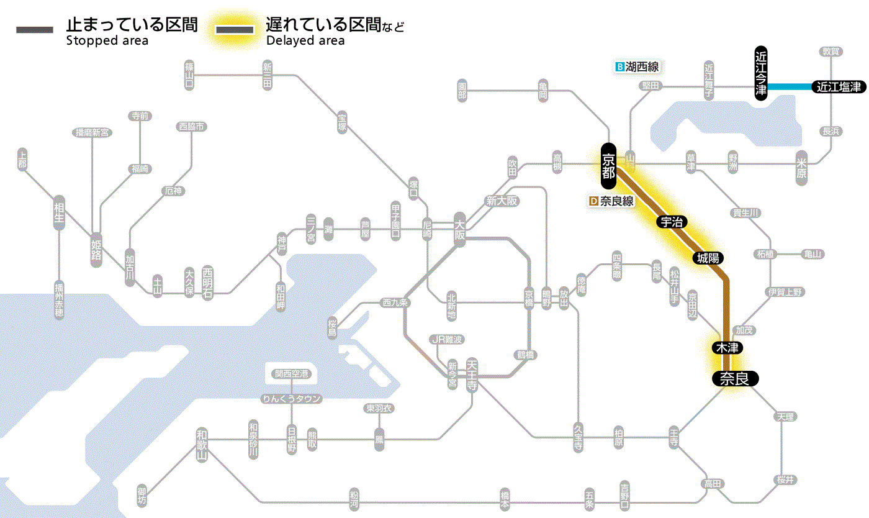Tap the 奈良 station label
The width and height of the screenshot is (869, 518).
[x=734, y=378]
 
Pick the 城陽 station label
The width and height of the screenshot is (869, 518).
[x=708, y=258]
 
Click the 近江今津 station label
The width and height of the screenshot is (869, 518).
[x=761, y=72]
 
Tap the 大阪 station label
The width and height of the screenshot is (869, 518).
[x=459, y=230]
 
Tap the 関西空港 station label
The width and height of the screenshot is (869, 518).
[x=292, y=374]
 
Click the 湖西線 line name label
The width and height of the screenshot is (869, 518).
[x=642, y=66]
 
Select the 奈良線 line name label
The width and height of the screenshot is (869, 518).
[x=616, y=201]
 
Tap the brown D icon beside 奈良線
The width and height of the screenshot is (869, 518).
[x=593, y=201]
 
